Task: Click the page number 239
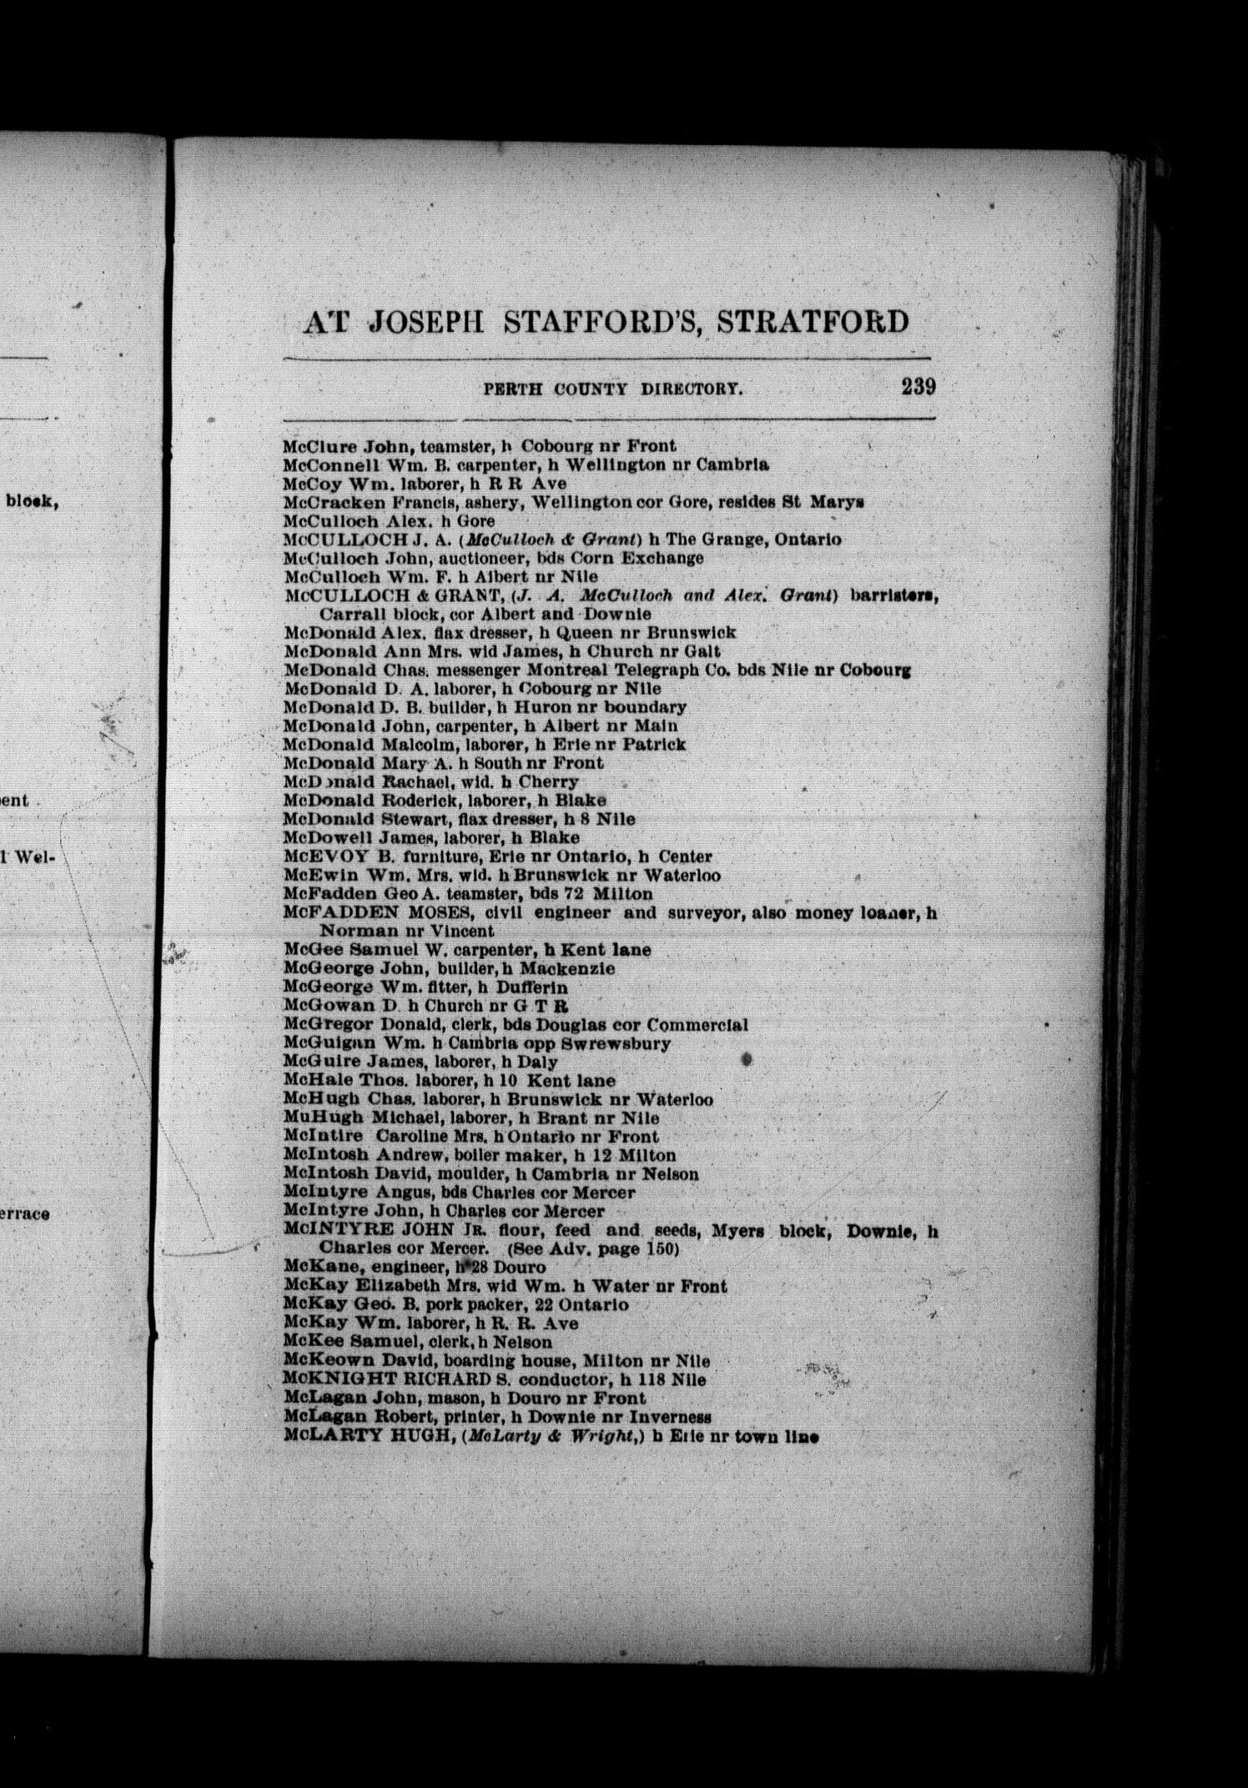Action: coord(918,387)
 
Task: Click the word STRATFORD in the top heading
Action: coord(813,321)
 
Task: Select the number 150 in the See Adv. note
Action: coord(659,1249)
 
